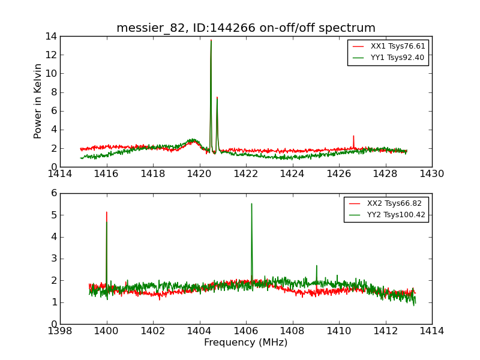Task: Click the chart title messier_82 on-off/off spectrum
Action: tap(245, 28)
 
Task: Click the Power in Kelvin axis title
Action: tap(38, 101)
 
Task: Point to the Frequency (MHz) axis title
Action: tap(245, 343)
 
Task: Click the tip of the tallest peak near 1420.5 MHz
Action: tap(211, 40)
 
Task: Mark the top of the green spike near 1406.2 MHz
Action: tap(251, 203)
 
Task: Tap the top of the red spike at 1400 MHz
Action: tap(107, 212)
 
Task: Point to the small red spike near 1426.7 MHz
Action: tap(353, 136)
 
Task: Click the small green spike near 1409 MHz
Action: tap(316, 265)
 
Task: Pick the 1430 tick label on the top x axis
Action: tap(431, 173)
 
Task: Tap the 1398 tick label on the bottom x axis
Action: tap(60, 331)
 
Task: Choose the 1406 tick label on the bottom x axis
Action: tap(246, 331)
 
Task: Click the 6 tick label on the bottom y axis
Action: tap(53, 193)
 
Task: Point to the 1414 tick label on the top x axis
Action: tap(60, 173)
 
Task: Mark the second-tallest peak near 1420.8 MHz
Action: tap(217, 97)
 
